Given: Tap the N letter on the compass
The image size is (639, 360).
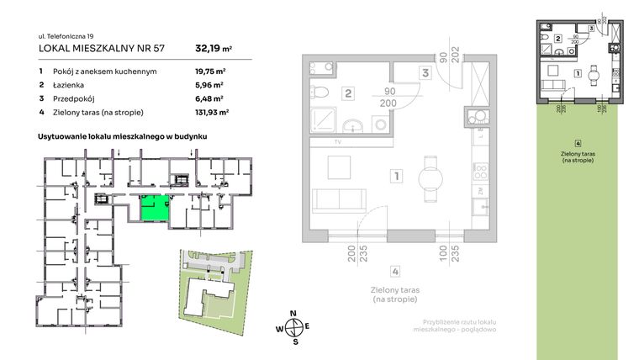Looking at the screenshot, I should click(x=293, y=313).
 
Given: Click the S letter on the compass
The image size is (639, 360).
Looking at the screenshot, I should click(x=293, y=341).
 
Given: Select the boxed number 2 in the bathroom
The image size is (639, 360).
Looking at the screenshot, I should click(x=347, y=94).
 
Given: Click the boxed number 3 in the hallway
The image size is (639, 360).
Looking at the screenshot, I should click(x=425, y=73).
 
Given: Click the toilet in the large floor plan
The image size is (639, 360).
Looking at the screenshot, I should click(x=320, y=93).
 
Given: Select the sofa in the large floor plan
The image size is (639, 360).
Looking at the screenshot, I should click(x=337, y=202).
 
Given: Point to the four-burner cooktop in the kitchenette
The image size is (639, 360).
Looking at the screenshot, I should click(x=481, y=172).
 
